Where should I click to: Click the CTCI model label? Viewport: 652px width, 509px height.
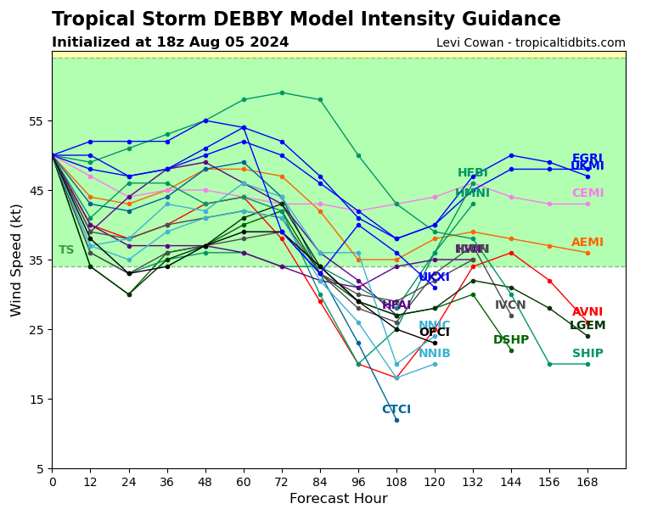pyautogui.click(x=396, y=410)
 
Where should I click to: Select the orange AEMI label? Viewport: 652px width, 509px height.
pyautogui.click(x=587, y=243)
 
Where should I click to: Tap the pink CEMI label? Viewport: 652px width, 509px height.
pyautogui.click(x=587, y=193)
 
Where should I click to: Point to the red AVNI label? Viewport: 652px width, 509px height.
pyautogui.click(x=587, y=312)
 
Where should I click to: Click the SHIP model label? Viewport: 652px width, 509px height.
pyautogui.click(x=587, y=354)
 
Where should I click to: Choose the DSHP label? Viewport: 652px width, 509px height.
pyautogui.click(x=511, y=340)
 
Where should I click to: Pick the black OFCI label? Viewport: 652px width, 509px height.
pyautogui.click(x=435, y=333)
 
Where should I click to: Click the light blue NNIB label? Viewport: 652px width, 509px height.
pyautogui.click(x=435, y=354)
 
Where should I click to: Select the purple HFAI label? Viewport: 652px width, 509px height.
pyautogui.click(x=396, y=305)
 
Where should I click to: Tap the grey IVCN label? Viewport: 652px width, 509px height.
pyautogui.click(x=511, y=305)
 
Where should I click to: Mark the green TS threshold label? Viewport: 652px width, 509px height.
pyautogui.click(x=66, y=250)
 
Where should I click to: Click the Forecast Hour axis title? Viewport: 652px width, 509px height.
pyautogui.click(x=338, y=499)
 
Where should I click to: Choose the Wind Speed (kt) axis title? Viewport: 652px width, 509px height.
pyautogui.click(x=16, y=260)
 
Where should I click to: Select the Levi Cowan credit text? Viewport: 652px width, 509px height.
pyautogui.click(x=531, y=42)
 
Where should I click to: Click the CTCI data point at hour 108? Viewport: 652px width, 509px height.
pyautogui.click(x=396, y=420)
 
